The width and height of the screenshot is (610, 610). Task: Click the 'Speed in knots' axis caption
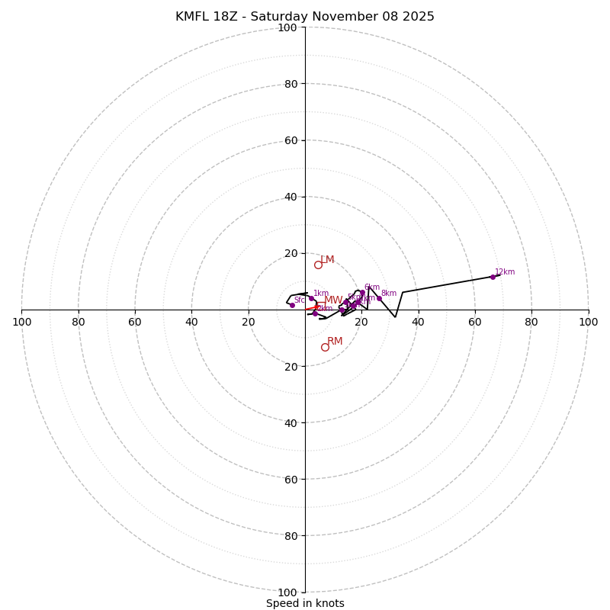[x=305, y=603]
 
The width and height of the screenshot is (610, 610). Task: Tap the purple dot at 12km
[x=493, y=277]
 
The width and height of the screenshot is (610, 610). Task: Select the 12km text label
[x=505, y=271]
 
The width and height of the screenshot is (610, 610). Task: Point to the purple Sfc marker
[x=292, y=305]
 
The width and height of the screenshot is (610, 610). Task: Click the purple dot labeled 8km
[x=379, y=298]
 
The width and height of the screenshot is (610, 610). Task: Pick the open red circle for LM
[x=318, y=265]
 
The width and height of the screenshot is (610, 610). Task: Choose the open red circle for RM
[x=325, y=347]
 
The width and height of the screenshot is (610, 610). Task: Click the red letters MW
[x=333, y=300]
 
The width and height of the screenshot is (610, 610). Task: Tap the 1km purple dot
[x=311, y=298]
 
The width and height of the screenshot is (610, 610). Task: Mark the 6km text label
[x=371, y=287]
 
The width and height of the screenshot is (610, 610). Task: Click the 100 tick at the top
[x=287, y=27]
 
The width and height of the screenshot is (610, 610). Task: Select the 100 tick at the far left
[x=21, y=322]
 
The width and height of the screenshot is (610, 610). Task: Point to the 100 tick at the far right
[x=588, y=322]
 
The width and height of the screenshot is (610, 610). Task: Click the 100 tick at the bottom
[x=287, y=592]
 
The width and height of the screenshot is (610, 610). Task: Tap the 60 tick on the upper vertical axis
[x=290, y=140]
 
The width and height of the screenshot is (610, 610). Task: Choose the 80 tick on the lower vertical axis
[x=290, y=536]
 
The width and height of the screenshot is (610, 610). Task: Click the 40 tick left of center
[x=191, y=322]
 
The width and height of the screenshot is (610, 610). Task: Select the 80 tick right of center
[x=531, y=322]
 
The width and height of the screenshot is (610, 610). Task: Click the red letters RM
[x=335, y=342]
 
